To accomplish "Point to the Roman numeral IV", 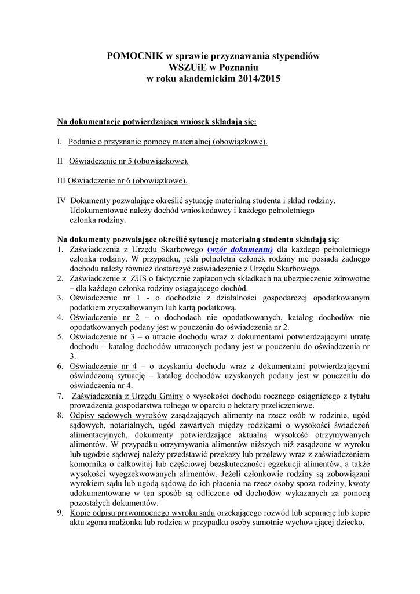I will point(61,200).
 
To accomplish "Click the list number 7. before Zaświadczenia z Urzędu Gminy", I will point(60,396).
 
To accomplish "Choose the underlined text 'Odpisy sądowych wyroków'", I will point(119,415).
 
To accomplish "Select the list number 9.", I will point(60,513).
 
